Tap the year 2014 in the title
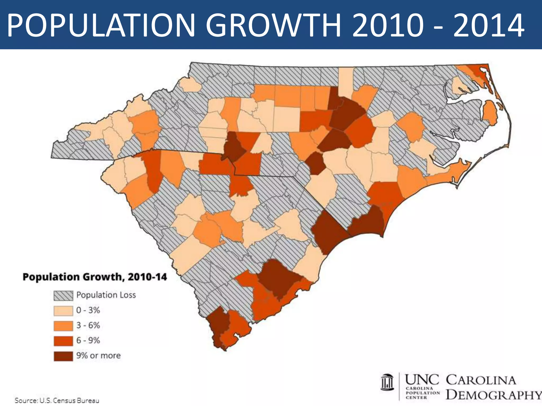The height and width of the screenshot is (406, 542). [x=488, y=26]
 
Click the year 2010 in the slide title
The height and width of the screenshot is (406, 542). [x=387, y=26]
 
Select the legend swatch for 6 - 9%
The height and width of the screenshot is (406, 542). [x=63, y=341]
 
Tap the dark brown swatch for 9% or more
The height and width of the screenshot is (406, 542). [x=63, y=356]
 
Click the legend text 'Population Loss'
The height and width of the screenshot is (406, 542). [x=106, y=295]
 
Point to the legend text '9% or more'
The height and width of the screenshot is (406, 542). [x=98, y=356]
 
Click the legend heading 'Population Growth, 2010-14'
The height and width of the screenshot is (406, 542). [x=95, y=277]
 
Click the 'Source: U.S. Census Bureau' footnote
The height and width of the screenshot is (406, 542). [x=57, y=400]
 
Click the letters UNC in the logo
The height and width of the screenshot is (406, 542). [x=422, y=380]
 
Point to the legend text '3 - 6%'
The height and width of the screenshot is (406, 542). [x=88, y=325]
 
